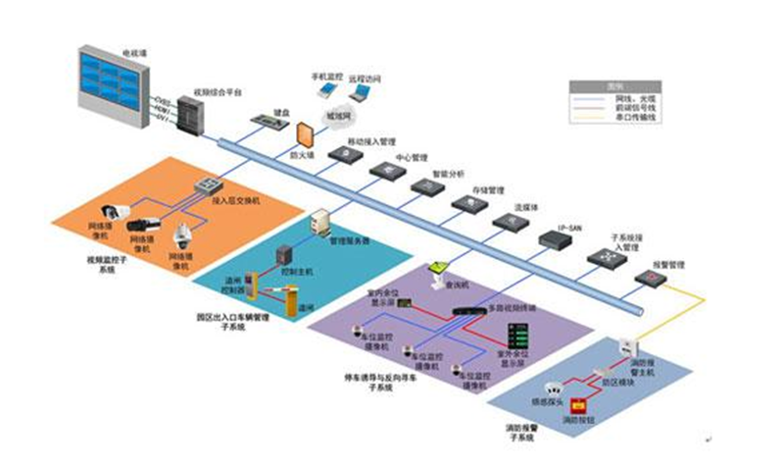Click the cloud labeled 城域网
(338, 114)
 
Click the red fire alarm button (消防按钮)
(578, 405)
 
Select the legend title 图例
(615, 84)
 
